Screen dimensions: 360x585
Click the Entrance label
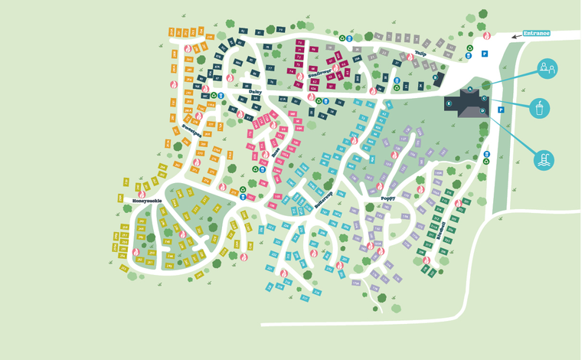(x=537, y=33)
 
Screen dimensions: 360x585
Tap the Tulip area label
(x=420, y=54)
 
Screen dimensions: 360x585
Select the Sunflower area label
(x=320, y=75)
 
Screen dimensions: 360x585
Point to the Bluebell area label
(x=440, y=227)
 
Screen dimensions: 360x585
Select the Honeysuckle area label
(x=147, y=201)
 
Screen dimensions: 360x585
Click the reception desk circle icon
(x=547, y=69)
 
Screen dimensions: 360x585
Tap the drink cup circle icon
(x=540, y=108)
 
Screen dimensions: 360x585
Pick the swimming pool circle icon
(x=544, y=159)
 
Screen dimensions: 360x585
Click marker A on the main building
(x=469, y=90)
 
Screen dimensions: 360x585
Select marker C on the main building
(x=484, y=98)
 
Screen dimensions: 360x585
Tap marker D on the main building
(x=482, y=111)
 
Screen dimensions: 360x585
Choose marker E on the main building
(x=449, y=103)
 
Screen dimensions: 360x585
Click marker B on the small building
(x=436, y=77)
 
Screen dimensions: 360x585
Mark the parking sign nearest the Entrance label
(x=484, y=54)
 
